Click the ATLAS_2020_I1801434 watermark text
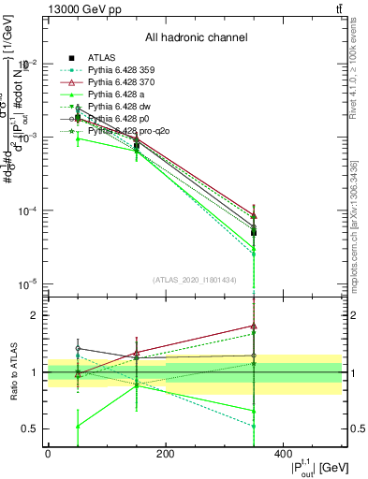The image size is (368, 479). (x=195, y=280)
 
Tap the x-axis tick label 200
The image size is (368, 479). (x=165, y=454)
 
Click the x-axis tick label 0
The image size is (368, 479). (x=48, y=454)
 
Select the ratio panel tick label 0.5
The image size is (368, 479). (x=27, y=429)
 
